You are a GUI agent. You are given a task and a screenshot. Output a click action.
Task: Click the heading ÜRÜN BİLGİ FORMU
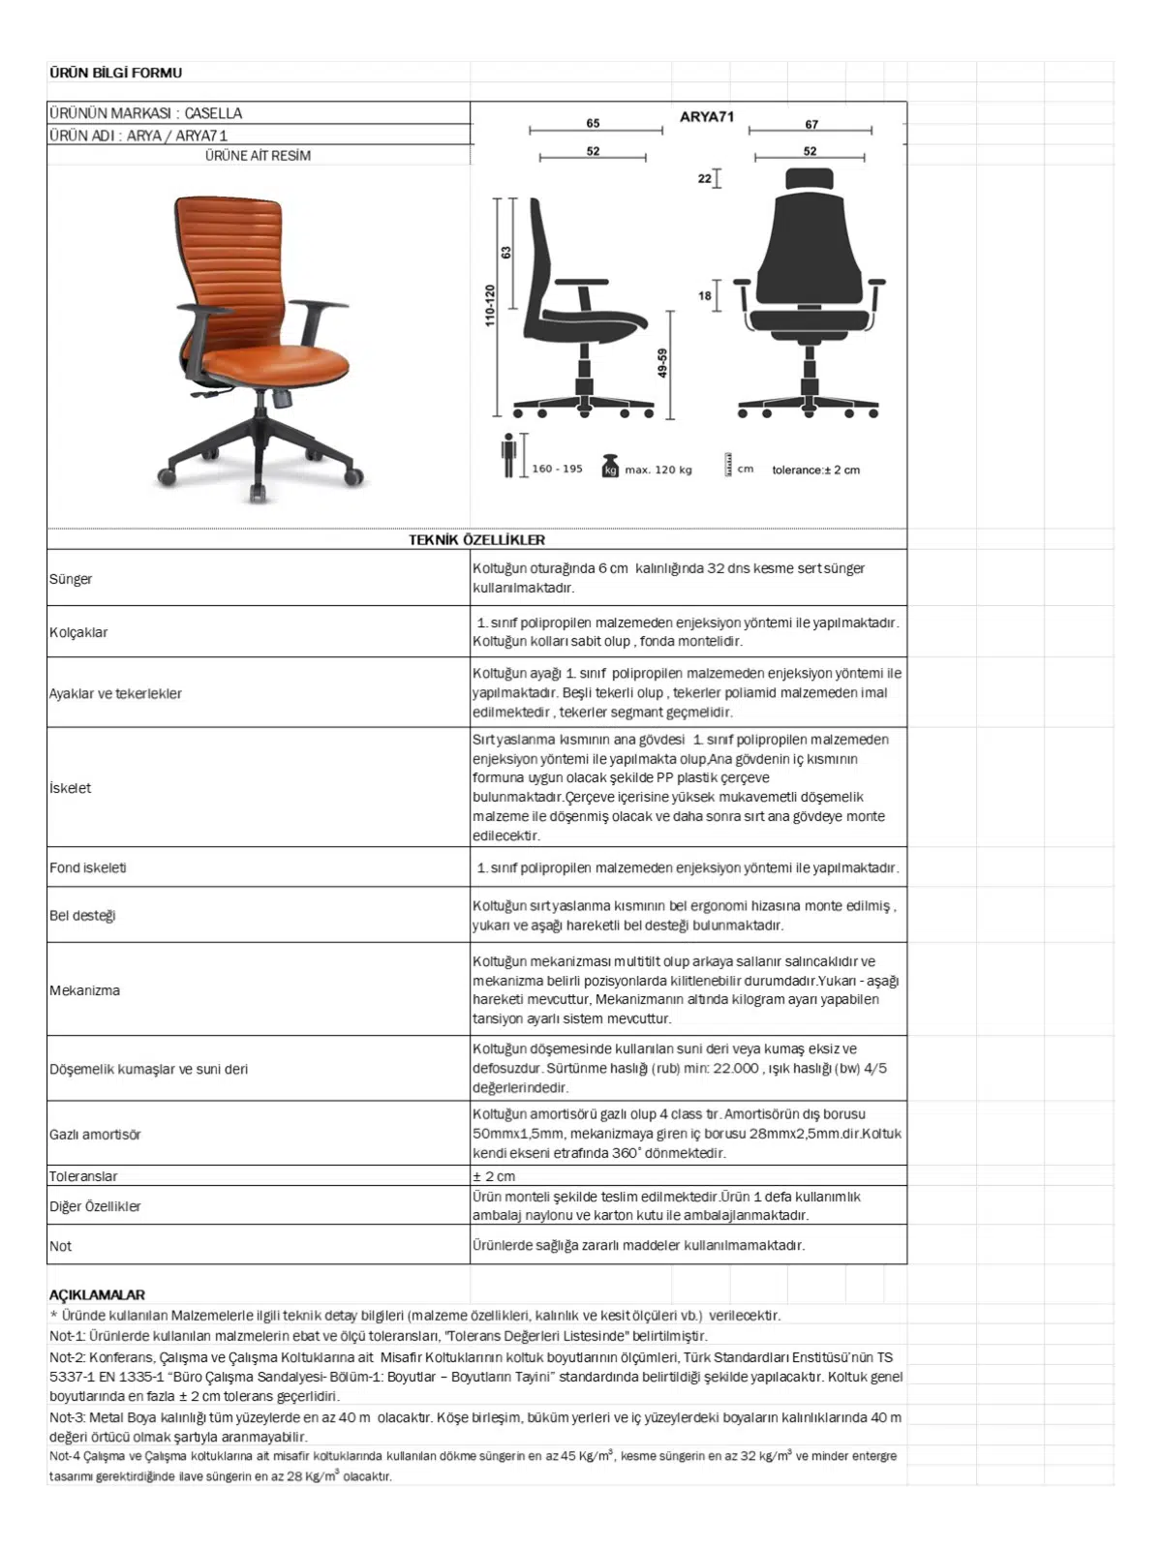(115, 73)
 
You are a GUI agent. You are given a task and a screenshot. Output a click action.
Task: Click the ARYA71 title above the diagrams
(707, 117)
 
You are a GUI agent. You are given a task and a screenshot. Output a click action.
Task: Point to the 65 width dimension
(593, 123)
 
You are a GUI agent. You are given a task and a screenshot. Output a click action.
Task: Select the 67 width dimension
(811, 124)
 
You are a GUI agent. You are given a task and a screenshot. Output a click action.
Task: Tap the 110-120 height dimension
(490, 305)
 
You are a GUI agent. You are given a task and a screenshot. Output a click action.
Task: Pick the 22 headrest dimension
(704, 178)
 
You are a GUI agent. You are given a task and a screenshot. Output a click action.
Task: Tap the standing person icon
(508, 455)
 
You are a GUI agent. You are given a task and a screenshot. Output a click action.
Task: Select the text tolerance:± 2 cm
(815, 471)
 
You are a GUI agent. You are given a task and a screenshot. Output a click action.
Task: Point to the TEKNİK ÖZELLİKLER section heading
(476, 540)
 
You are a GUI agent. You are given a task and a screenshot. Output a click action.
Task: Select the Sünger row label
(71, 579)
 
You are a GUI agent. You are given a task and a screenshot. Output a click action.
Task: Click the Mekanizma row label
(85, 990)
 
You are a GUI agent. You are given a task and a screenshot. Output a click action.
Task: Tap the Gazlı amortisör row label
(95, 1134)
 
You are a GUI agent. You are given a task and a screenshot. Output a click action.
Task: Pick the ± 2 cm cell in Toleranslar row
(494, 1176)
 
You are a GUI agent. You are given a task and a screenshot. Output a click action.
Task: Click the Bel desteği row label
(82, 915)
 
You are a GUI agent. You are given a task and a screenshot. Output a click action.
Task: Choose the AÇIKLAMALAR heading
(97, 1294)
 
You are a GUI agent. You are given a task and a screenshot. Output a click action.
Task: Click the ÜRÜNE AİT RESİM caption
(258, 156)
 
